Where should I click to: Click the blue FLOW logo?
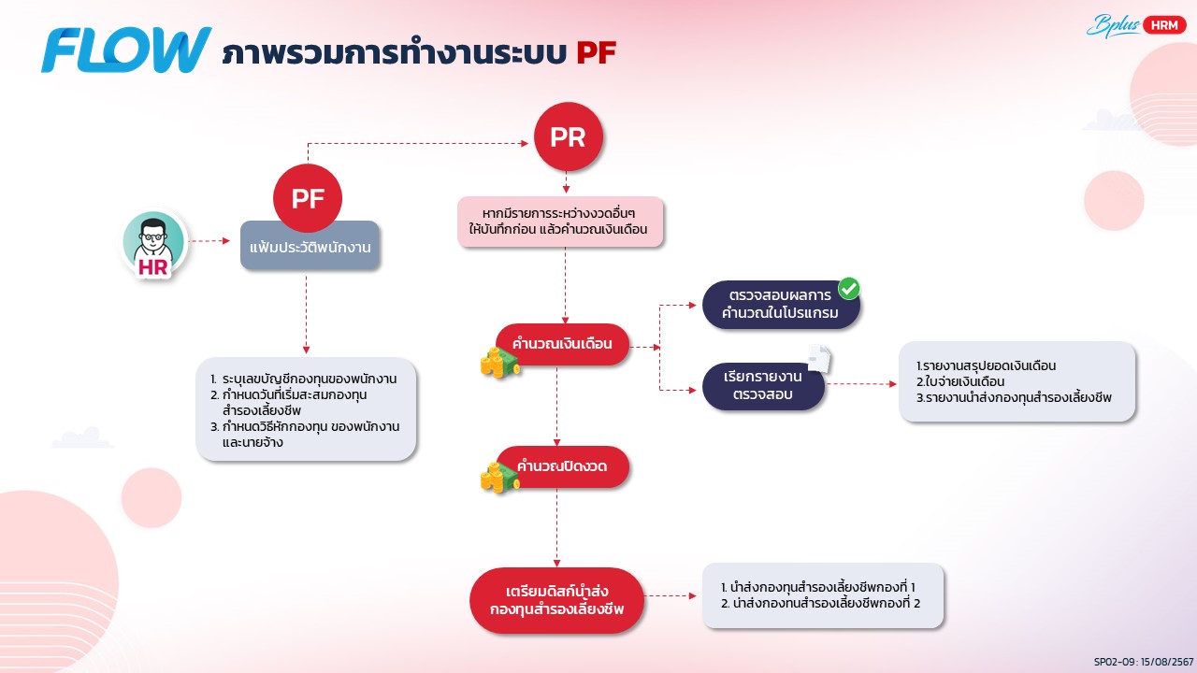(126, 50)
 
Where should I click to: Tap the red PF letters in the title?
(596, 52)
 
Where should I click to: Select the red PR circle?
(568, 136)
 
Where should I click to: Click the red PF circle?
(308, 198)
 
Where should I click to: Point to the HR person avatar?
(154, 243)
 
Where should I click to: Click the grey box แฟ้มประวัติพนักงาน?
(310, 247)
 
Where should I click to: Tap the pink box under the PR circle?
(559, 221)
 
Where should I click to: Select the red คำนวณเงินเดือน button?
(561, 344)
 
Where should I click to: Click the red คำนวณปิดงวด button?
(561, 466)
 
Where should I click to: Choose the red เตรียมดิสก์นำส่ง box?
(557, 601)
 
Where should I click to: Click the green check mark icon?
(849, 289)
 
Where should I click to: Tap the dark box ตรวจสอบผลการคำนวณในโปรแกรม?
(780, 304)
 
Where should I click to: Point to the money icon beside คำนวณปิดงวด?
(499, 479)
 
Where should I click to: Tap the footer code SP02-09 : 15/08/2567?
(1143, 660)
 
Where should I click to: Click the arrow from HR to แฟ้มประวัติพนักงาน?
(210, 241)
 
